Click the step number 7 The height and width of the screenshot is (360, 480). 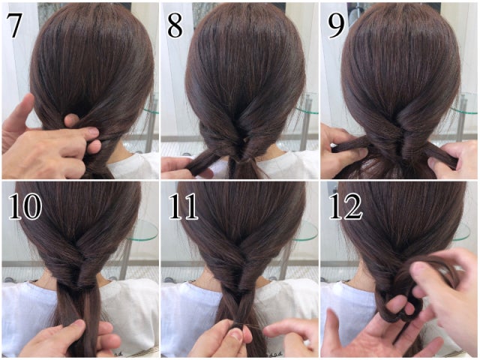click(x=14, y=26)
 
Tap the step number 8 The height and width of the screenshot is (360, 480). click(x=175, y=26)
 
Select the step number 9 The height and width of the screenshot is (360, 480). click(x=337, y=26)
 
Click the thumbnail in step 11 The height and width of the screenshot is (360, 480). click(x=237, y=334)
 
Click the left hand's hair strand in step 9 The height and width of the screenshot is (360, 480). click(x=352, y=145)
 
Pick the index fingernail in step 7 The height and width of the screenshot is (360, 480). click(x=93, y=133)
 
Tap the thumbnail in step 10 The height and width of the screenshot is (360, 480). click(x=79, y=323)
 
